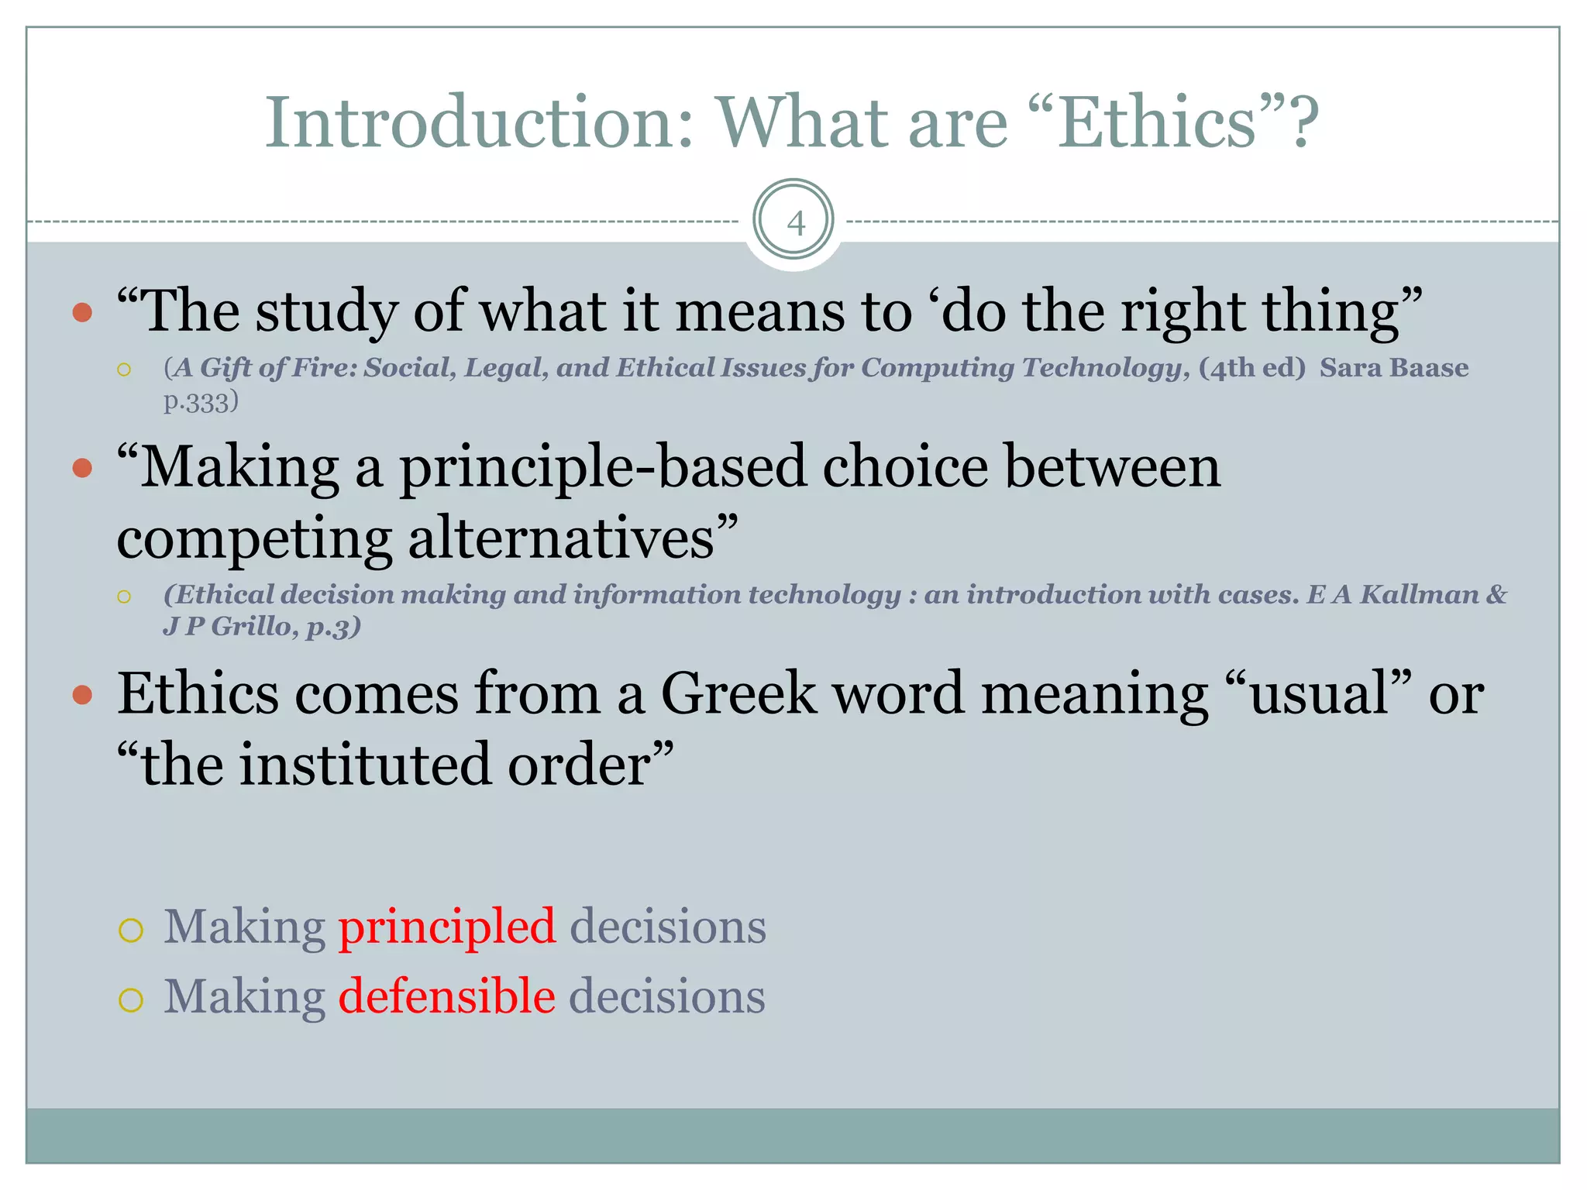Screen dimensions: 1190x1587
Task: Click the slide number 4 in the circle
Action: [795, 223]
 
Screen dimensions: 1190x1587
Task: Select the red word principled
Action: [447, 926]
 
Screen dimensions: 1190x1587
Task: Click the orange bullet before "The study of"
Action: [82, 313]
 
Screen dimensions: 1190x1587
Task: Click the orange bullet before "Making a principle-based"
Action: [82, 468]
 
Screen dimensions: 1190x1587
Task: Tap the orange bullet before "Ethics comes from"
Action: [82, 694]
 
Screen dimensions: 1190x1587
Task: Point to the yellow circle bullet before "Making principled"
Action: [131, 930]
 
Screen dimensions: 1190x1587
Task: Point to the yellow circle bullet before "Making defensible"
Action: [131, 999]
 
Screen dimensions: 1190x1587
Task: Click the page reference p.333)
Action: [201, 401]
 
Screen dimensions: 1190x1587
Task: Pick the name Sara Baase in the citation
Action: [1393, 367]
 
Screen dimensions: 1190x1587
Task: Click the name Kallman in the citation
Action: [1420, 594]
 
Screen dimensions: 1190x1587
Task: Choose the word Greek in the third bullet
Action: [738, 693]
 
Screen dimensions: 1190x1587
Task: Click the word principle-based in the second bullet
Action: [602, 467]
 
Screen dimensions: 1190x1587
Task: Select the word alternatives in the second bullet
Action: [560, 538]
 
